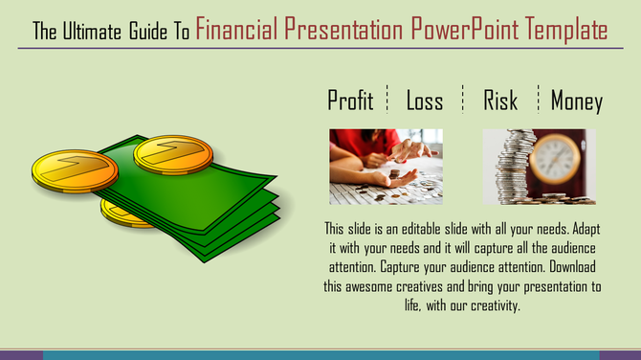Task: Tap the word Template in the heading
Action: point(565,30)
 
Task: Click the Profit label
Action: point(350,101)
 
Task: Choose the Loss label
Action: point(424,101)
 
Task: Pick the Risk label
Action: point(500,101)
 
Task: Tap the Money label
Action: point(576,101)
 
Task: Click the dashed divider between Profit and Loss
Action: point(387,99)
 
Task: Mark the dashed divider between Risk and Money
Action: point(539,99)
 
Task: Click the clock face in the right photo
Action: point(556,158)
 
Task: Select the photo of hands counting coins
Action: point(386,166)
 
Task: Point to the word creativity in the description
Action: point(488,305)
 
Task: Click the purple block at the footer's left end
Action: point(21,355)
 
